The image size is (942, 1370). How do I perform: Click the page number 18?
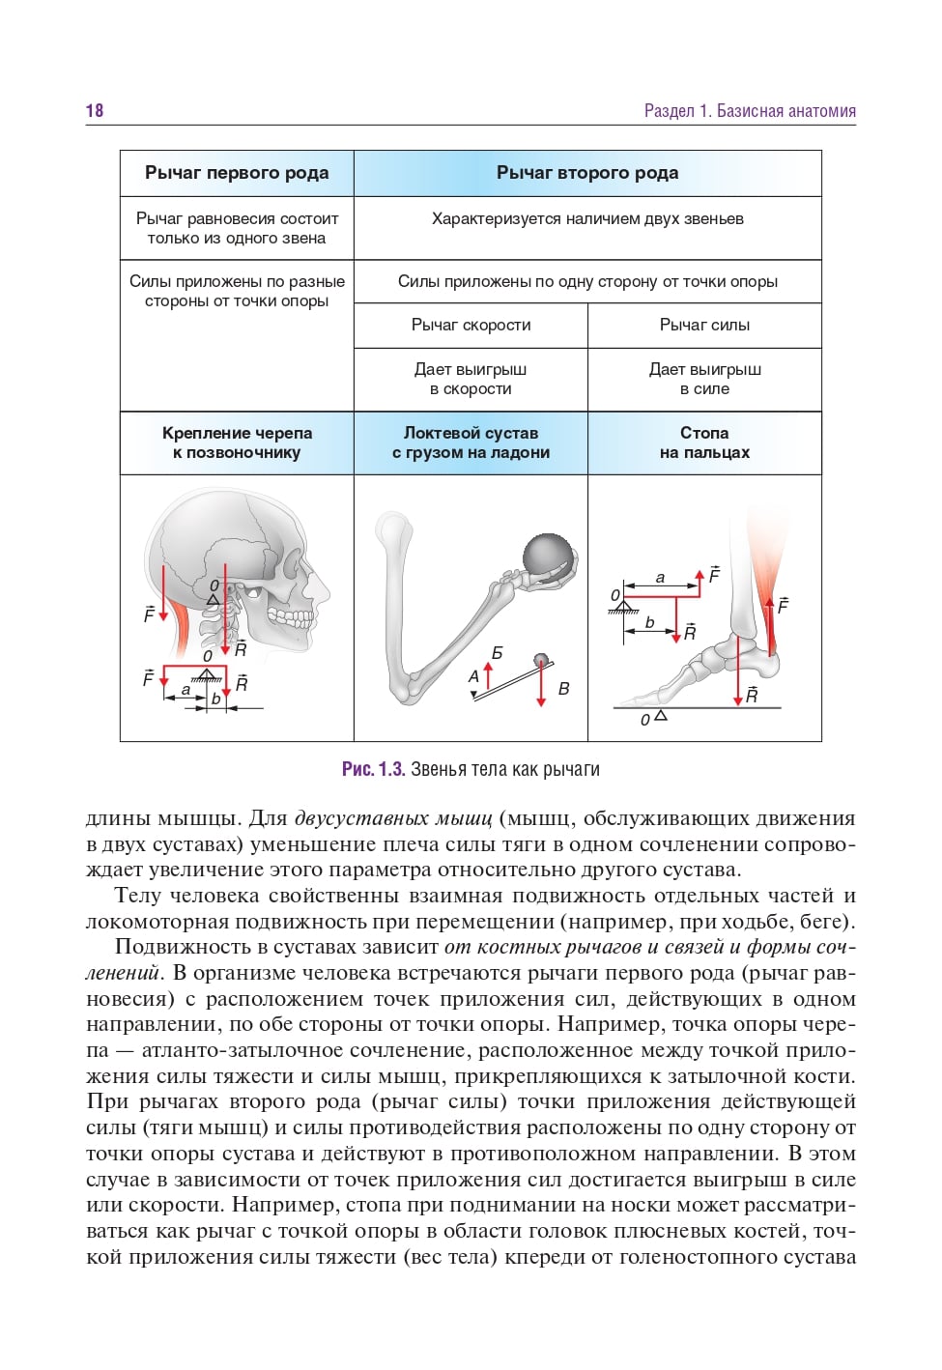[x=95, y=111]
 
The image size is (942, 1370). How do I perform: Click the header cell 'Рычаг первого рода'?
[x=237, y=173]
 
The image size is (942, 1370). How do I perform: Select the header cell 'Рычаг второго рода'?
[x=587, y=173]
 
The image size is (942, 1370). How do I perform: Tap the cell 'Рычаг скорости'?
[x=471, y=325]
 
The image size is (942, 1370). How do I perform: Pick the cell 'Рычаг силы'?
[x=704, y=325]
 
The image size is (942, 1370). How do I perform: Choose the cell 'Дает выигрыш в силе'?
[x=704, y=379]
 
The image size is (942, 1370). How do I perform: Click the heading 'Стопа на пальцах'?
[x=704, y=442]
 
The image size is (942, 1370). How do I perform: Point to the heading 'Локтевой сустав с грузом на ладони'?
[x=471, y=442]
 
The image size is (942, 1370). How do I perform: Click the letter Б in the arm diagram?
[x=497, y=654]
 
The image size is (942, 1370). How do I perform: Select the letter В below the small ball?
[x=563, y=689]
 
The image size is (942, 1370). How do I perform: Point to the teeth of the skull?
[x=291, y=614]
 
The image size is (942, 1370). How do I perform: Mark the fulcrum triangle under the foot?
[x=661, y=716]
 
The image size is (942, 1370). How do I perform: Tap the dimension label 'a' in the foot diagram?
[x=660, y=578]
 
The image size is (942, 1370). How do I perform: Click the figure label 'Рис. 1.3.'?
[x=373, y=769]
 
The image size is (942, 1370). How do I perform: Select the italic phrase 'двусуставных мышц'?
[x=393, y=818]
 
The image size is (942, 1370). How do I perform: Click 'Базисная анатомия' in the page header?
[x=785, y=111]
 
